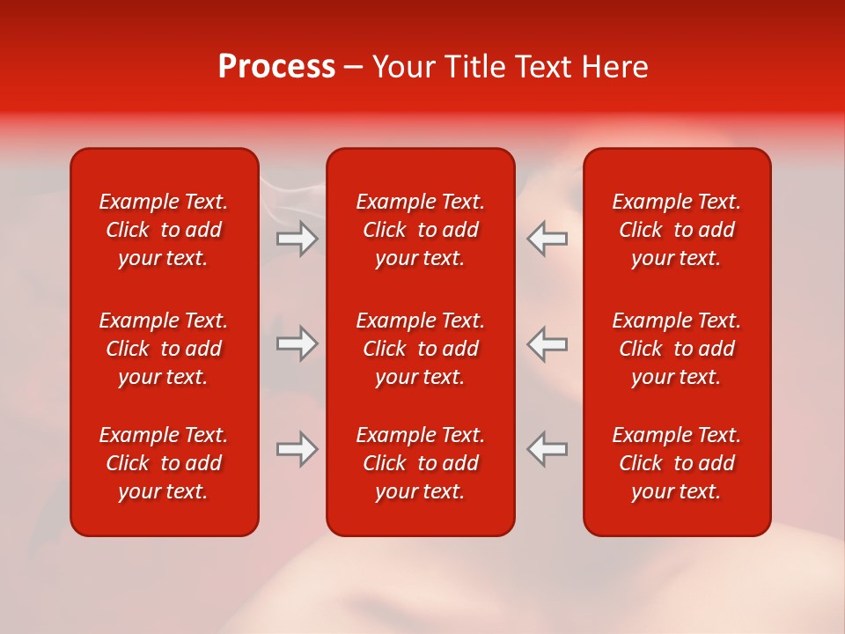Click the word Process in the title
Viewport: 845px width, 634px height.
(x=276, y=68)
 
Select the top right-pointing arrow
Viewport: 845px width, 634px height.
(x=297, y=239)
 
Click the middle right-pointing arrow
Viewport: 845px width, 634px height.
(x=297, y=343)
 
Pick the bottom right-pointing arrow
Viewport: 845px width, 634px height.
(x=297, y=449)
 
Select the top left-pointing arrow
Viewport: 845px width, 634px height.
(x=547, y=239)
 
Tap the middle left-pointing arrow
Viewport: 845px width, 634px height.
(x=547, y=343)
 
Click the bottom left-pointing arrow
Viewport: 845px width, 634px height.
(x=547, y=449)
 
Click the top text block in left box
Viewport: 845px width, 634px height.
(x=164, y=230)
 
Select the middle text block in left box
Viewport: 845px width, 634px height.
(x=164, y=349)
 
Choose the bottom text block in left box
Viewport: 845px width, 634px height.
(x=164, y=463)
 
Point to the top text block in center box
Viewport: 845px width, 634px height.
(x=421, y=230)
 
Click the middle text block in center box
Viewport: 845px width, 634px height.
(x=421, y=349)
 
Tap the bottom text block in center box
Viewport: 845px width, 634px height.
(x=421, y=463)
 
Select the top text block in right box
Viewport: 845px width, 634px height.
(x=677, y=230)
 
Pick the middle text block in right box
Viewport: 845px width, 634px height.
(x=677, y=349)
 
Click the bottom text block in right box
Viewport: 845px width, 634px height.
(x=677, y=463)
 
